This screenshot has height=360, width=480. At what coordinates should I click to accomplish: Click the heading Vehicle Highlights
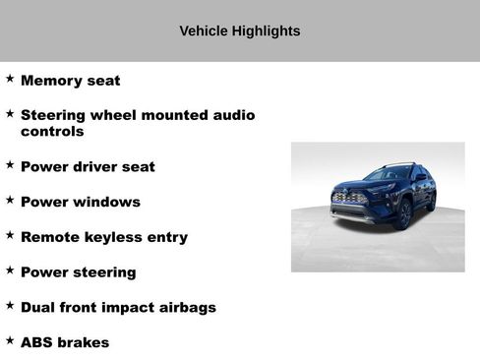[239, 30]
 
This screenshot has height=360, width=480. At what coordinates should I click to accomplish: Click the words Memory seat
[70, 81]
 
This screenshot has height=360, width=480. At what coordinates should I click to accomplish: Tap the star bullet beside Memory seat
[10, 79]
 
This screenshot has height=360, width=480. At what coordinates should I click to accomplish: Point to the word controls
[52, 131]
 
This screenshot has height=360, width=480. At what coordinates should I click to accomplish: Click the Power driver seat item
[88, 166]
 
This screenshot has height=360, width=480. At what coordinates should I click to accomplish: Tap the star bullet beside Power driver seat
[10, 164]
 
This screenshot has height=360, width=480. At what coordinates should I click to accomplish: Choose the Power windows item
[80, 202]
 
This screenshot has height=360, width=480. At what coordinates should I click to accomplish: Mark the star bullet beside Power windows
[10, 200]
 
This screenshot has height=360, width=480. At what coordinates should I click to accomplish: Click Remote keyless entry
[103, 237]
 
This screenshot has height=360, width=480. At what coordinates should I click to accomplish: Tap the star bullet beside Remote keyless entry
[10, 235]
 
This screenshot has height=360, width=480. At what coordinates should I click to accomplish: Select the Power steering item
[78, 272]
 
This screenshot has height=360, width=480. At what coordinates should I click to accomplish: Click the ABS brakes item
[65, 343]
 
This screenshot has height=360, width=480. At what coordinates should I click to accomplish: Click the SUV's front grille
[350, 199]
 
